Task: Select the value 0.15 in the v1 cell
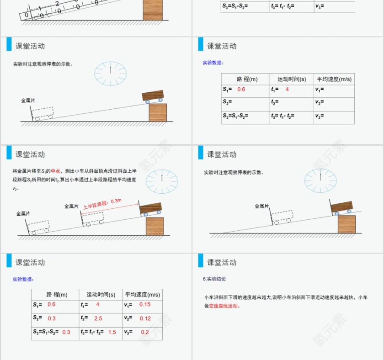144,304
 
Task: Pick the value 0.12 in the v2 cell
145,318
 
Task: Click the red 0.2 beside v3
144,332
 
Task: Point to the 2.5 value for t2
98,318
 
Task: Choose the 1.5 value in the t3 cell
112,332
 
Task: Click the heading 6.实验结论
214,279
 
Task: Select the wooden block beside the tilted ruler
152,10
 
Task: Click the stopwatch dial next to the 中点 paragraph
162,181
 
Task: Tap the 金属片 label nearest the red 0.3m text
71,206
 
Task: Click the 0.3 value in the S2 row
51,318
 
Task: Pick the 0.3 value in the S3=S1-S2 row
66,332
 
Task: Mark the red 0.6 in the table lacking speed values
241,90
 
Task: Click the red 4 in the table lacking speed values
287,90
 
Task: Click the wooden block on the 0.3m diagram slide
155,226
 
